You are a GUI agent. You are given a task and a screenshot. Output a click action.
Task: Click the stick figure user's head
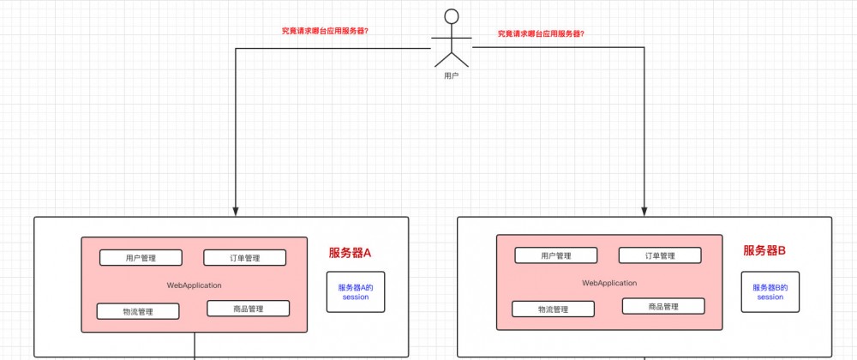[452, 15]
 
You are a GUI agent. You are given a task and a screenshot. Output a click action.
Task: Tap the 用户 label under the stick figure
[452, 75]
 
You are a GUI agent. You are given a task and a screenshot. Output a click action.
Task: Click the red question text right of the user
[547, 34]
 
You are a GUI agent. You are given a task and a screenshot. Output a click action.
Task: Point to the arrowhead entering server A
[235, 209]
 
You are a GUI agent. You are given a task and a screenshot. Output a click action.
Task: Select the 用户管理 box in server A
[141, 258]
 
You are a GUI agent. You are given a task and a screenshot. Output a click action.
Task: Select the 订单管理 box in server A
[244, 258]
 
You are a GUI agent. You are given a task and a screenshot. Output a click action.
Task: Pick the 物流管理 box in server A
[138, 311]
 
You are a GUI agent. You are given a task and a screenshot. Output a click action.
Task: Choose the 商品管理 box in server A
[248, 309]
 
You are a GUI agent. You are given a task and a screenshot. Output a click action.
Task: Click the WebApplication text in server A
[195, 285]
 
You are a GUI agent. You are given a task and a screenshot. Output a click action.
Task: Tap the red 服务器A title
[350, 253]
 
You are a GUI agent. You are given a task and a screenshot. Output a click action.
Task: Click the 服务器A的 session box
[356, 292]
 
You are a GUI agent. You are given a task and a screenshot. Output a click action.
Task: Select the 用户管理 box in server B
[555, 255]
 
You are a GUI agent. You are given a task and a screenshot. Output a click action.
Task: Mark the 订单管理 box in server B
[660, 255]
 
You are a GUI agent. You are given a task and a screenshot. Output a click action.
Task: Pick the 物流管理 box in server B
[553, 309]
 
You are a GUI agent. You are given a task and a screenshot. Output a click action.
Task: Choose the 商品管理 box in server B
[662, 306]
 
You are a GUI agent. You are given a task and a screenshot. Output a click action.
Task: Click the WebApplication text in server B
[609, 283]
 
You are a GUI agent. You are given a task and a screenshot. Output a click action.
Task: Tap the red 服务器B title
[764, 251]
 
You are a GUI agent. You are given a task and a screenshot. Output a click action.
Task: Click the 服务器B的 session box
[770, 292]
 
